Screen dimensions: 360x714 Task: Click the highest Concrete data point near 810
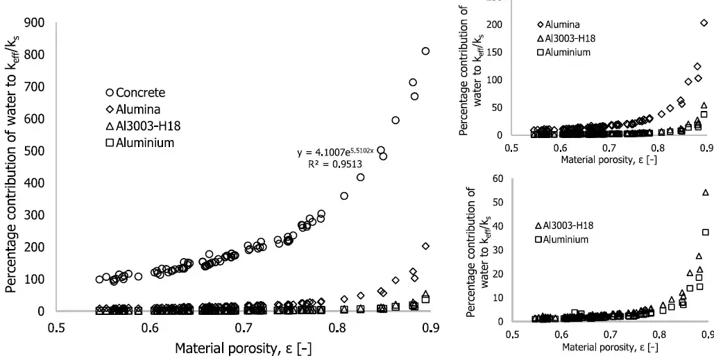425,51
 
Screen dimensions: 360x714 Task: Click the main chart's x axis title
243,348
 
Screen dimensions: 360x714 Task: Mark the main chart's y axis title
12,167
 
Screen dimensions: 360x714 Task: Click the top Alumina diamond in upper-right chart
704,23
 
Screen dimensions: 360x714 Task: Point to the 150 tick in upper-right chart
494,52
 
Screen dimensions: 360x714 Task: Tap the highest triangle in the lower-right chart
706,192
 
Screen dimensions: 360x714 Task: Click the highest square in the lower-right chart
706,232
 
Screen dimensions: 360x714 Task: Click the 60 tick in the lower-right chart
497,178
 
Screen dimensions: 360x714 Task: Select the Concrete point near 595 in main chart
396,120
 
